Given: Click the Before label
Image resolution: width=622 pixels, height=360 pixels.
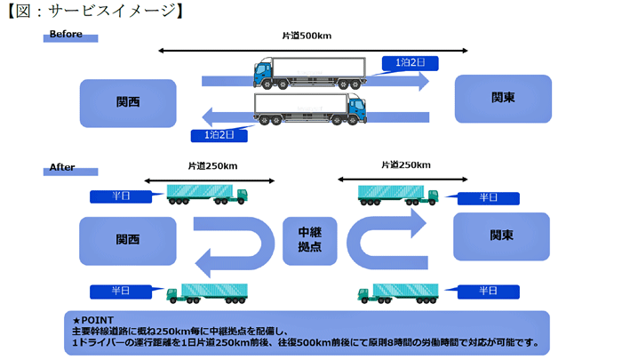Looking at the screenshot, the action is click(66, 34).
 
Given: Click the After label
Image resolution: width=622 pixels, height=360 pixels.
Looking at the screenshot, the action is click(62, 167).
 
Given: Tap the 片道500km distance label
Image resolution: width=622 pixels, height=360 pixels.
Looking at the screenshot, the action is click(307, 36).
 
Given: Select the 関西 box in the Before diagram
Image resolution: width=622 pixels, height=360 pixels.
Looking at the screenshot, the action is click(128, 103).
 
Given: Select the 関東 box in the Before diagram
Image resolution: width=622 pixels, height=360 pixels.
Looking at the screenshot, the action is click(503, 99).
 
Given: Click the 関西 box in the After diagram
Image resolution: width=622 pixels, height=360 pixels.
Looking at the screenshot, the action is click(128, 241).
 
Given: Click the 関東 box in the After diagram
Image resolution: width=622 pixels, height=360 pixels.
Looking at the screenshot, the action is click(501, 236).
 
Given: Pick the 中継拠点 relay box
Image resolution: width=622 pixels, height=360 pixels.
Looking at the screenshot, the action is click(310, 241).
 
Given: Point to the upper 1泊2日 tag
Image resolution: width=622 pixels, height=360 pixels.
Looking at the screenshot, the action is click(411, 63).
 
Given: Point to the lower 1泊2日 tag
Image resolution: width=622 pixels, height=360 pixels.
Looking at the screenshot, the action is click(219, 135).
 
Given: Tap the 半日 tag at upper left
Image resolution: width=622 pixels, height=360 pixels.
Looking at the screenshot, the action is click(121, 196).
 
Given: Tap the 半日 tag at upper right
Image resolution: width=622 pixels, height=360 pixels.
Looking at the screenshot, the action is click(489, 198).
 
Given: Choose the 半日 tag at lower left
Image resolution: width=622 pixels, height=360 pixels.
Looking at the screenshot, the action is click(121, 292).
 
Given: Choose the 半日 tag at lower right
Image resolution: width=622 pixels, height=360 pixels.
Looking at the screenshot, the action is click(489, 292).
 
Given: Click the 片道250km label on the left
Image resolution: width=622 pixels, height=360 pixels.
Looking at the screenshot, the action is click(212, 166).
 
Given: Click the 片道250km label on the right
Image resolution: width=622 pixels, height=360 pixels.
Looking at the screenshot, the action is click(406, 164).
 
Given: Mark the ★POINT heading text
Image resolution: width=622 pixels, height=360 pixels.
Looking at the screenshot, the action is click(93, 320).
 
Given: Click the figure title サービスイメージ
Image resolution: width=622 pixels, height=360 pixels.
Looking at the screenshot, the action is click(112, 11).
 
